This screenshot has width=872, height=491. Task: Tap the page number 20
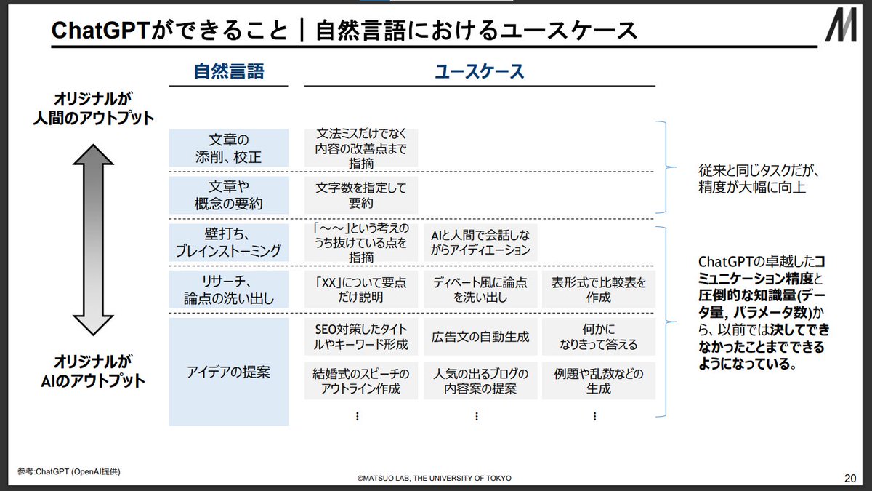coord(849,478)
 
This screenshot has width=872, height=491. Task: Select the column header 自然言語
coord(228,71)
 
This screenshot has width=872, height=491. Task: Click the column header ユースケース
coord(480,71)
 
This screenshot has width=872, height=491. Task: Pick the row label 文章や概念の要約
coord(229,194)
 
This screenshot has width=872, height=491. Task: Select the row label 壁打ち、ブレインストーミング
coord(229,242)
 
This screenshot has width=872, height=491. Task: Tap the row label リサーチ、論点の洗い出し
coord(229,289)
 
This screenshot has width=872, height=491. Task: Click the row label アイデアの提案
coord(229,372)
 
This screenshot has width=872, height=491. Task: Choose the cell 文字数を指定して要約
coord(361,194)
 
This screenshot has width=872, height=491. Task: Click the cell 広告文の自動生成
coord(480,337)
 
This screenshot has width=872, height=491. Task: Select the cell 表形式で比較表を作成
coord(598,289)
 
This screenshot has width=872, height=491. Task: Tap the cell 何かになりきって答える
coord(598,337)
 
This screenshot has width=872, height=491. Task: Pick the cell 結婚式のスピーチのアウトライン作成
coord(361,380)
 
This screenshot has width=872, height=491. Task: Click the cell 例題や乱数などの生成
coord(598,380)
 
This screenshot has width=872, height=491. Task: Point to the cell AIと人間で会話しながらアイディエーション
coord(480,242)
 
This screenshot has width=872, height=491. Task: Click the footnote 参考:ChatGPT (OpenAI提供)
coord(70,471)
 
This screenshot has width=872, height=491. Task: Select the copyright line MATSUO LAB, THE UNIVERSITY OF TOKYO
coord(434,479)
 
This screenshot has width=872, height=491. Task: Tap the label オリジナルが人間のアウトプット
coord(94,108)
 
